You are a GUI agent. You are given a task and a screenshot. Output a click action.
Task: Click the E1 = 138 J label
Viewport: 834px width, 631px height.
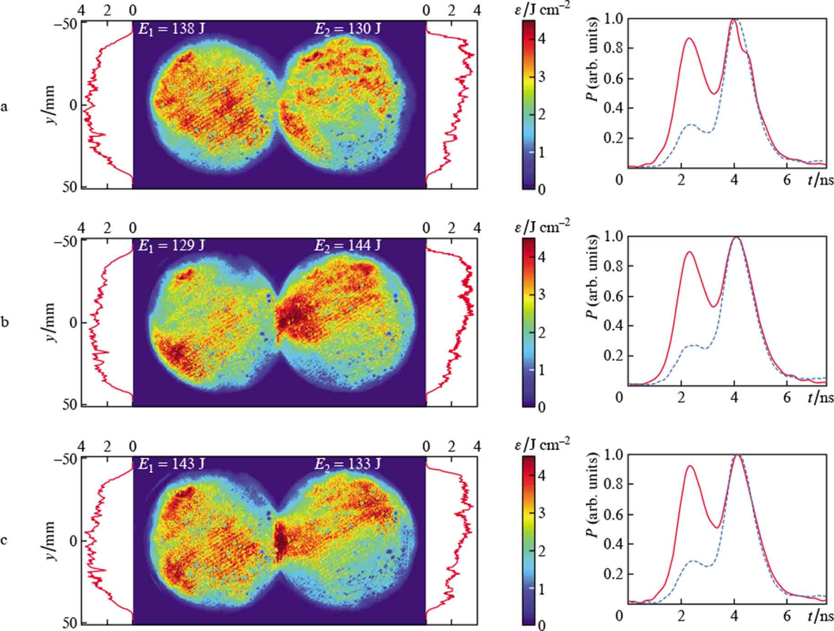point(171,29)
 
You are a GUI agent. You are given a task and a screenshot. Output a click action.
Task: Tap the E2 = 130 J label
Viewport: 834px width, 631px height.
point(347,29)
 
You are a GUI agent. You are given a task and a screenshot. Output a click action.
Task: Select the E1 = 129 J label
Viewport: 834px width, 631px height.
point(171,246)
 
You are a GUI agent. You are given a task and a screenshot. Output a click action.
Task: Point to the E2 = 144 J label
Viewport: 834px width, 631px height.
point(347,246)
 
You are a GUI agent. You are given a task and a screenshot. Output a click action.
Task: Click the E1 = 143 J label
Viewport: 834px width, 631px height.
point(171,464)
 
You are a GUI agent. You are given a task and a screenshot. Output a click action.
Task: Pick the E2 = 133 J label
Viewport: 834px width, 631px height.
point(347,464)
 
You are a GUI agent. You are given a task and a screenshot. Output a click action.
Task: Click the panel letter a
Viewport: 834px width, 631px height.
point(5,107)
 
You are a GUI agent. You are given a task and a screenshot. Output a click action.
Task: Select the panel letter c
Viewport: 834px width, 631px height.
point(5,541)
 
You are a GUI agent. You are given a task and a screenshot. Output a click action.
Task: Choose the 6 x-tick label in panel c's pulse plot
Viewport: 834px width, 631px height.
point(787,616)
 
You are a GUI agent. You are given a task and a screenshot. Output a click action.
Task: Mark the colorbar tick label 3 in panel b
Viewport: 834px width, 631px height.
point(542,295)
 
